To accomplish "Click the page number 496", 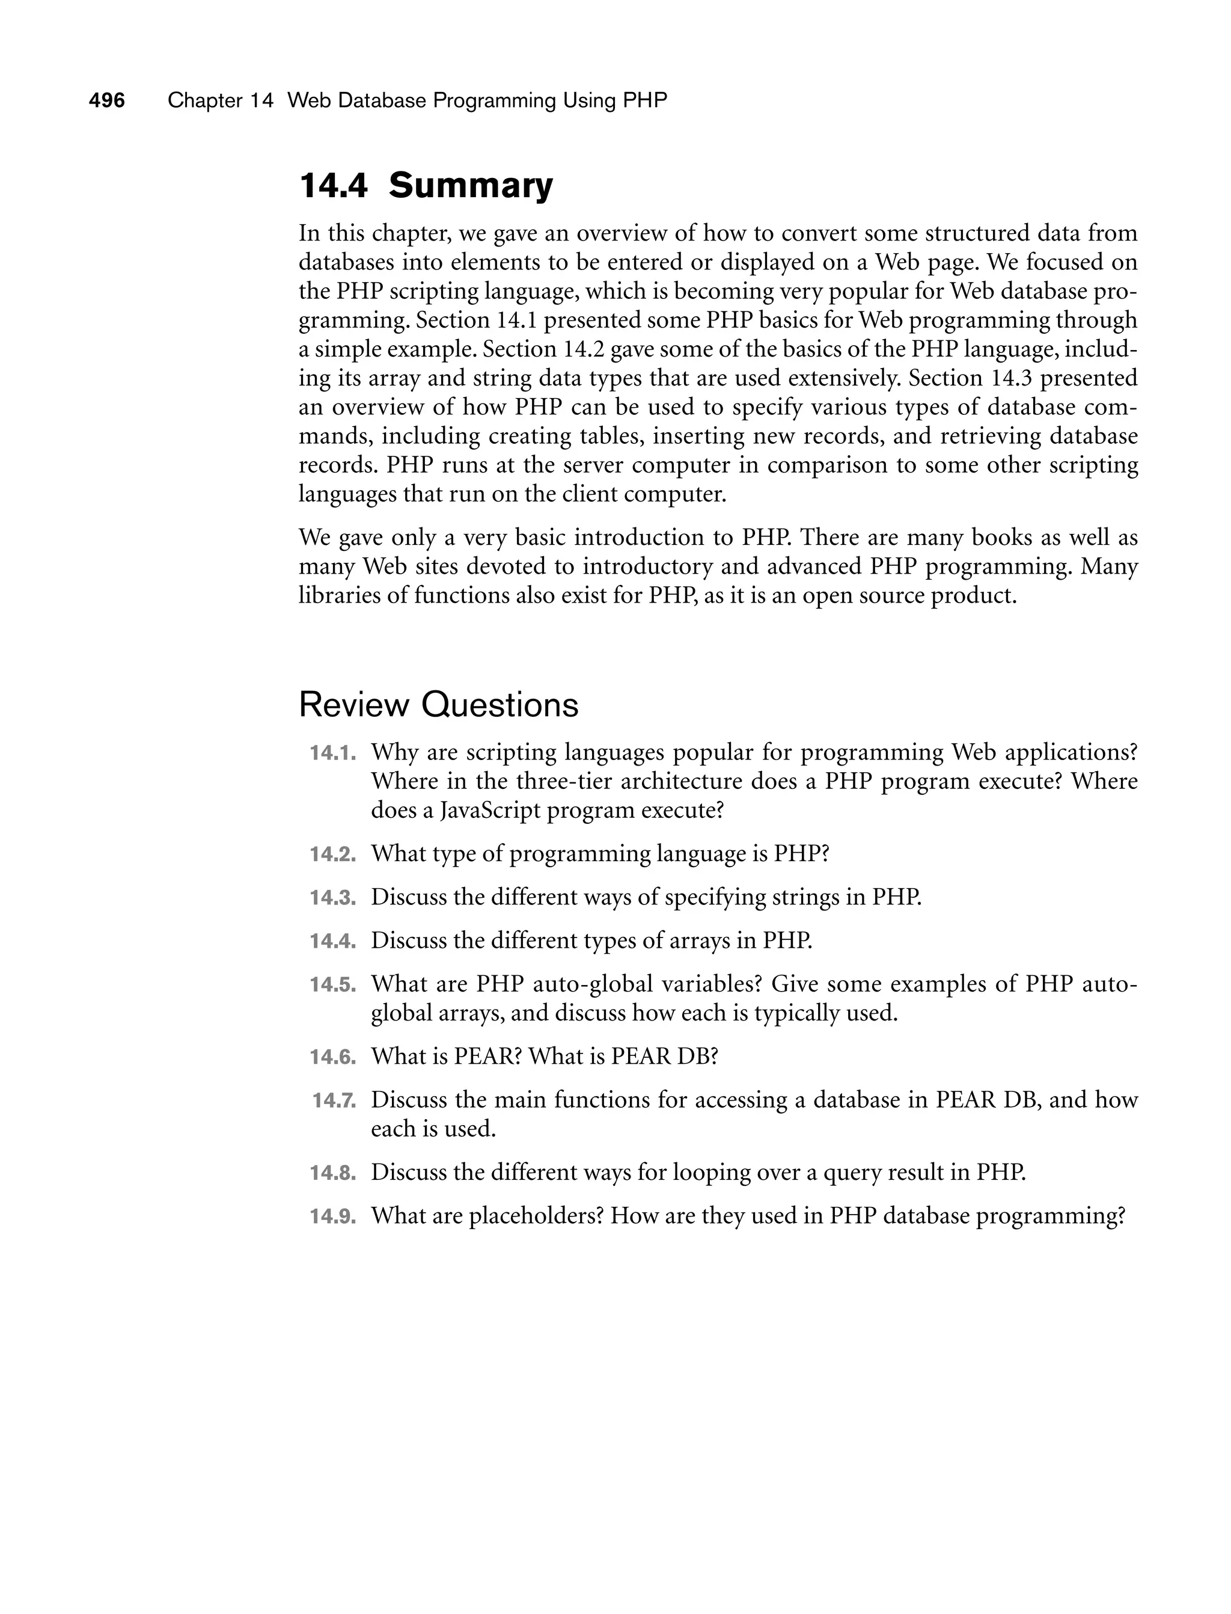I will [107, 100].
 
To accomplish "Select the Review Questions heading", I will [438, 705].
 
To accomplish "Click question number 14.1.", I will [332, 753].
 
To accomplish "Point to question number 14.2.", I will [332, 855].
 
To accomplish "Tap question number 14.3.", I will [332, 898].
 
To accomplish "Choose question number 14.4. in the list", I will [332, 941].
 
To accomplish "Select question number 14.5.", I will [332, 984].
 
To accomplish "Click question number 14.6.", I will [332, 1057].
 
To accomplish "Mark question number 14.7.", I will [334, 1100].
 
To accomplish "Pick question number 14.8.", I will [332, 1173].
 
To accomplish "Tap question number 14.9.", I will [332, 1216].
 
